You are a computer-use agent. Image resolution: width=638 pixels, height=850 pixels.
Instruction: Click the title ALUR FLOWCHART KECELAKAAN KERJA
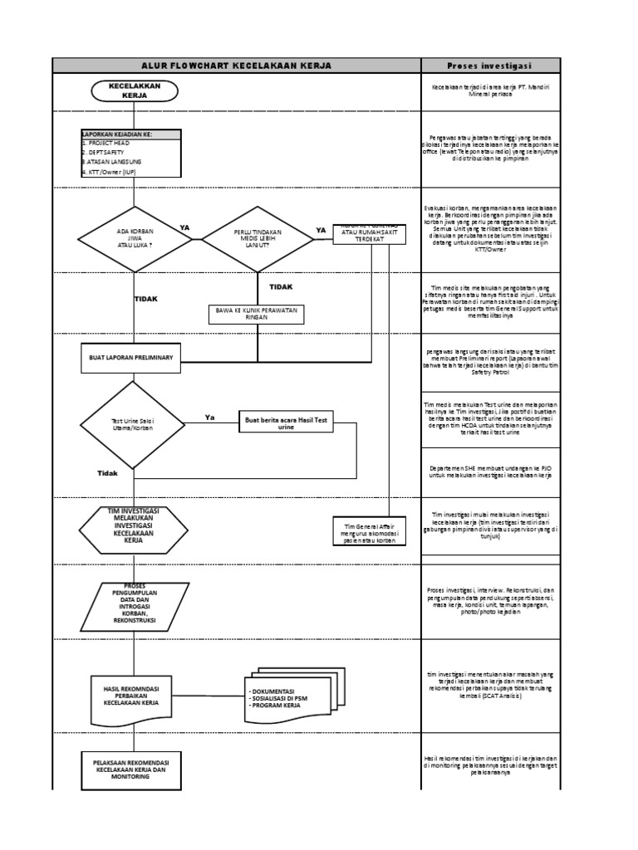click(x=236, y=66)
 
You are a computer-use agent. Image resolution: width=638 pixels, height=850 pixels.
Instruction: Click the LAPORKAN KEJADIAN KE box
click(x=130, y=154)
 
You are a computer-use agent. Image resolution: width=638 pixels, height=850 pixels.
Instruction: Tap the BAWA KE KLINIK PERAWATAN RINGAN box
click(x=257, y=313)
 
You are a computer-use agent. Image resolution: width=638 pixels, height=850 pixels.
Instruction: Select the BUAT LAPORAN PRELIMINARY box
click(x=130, y=356)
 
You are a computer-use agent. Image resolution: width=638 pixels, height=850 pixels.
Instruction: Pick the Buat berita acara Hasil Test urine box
click(x=285, y=423)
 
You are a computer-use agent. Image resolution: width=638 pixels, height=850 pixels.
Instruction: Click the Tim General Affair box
click(x=366, y=531)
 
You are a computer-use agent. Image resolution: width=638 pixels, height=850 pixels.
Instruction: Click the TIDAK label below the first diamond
click(x=145, y=299)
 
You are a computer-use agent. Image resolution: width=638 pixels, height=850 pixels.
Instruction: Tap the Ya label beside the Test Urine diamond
click(x=210, y=418)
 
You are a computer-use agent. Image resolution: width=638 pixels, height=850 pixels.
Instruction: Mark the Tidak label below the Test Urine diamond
click(x=107, y=473)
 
